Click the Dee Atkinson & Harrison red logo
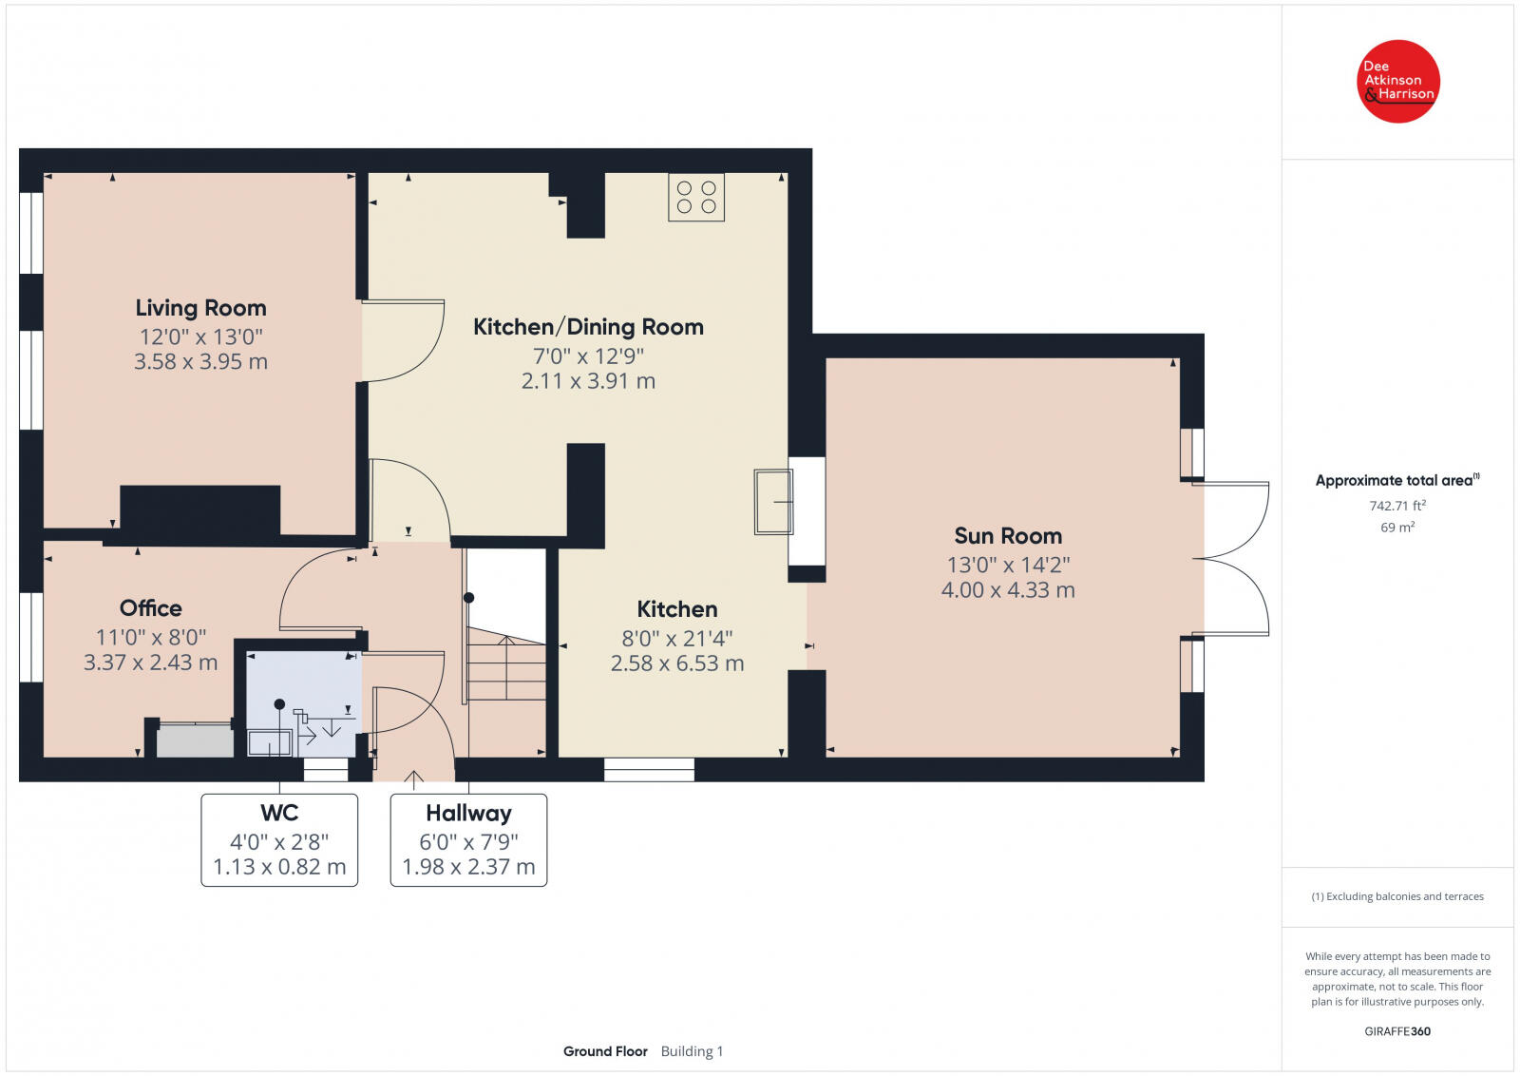(1397, 82)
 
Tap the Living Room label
(200, 308)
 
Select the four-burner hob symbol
(696, 197)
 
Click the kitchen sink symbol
(773, 502)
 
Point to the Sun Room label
(1008, 536)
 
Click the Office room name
(151, 608)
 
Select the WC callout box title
(279, 813)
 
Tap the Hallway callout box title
(469, 814)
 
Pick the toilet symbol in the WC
(270, 742)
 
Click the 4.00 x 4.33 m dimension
(1008, 590)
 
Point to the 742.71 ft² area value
(1397, 506)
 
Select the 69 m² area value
(1397, 528)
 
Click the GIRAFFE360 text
(1397, 1031)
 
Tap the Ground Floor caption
(605, 1051)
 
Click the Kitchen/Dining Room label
(588, 327)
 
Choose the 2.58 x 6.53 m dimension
(677, 663)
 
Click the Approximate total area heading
(1397, 481)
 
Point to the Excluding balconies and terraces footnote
(1397, 896)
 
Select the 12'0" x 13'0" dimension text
(200, 336)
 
